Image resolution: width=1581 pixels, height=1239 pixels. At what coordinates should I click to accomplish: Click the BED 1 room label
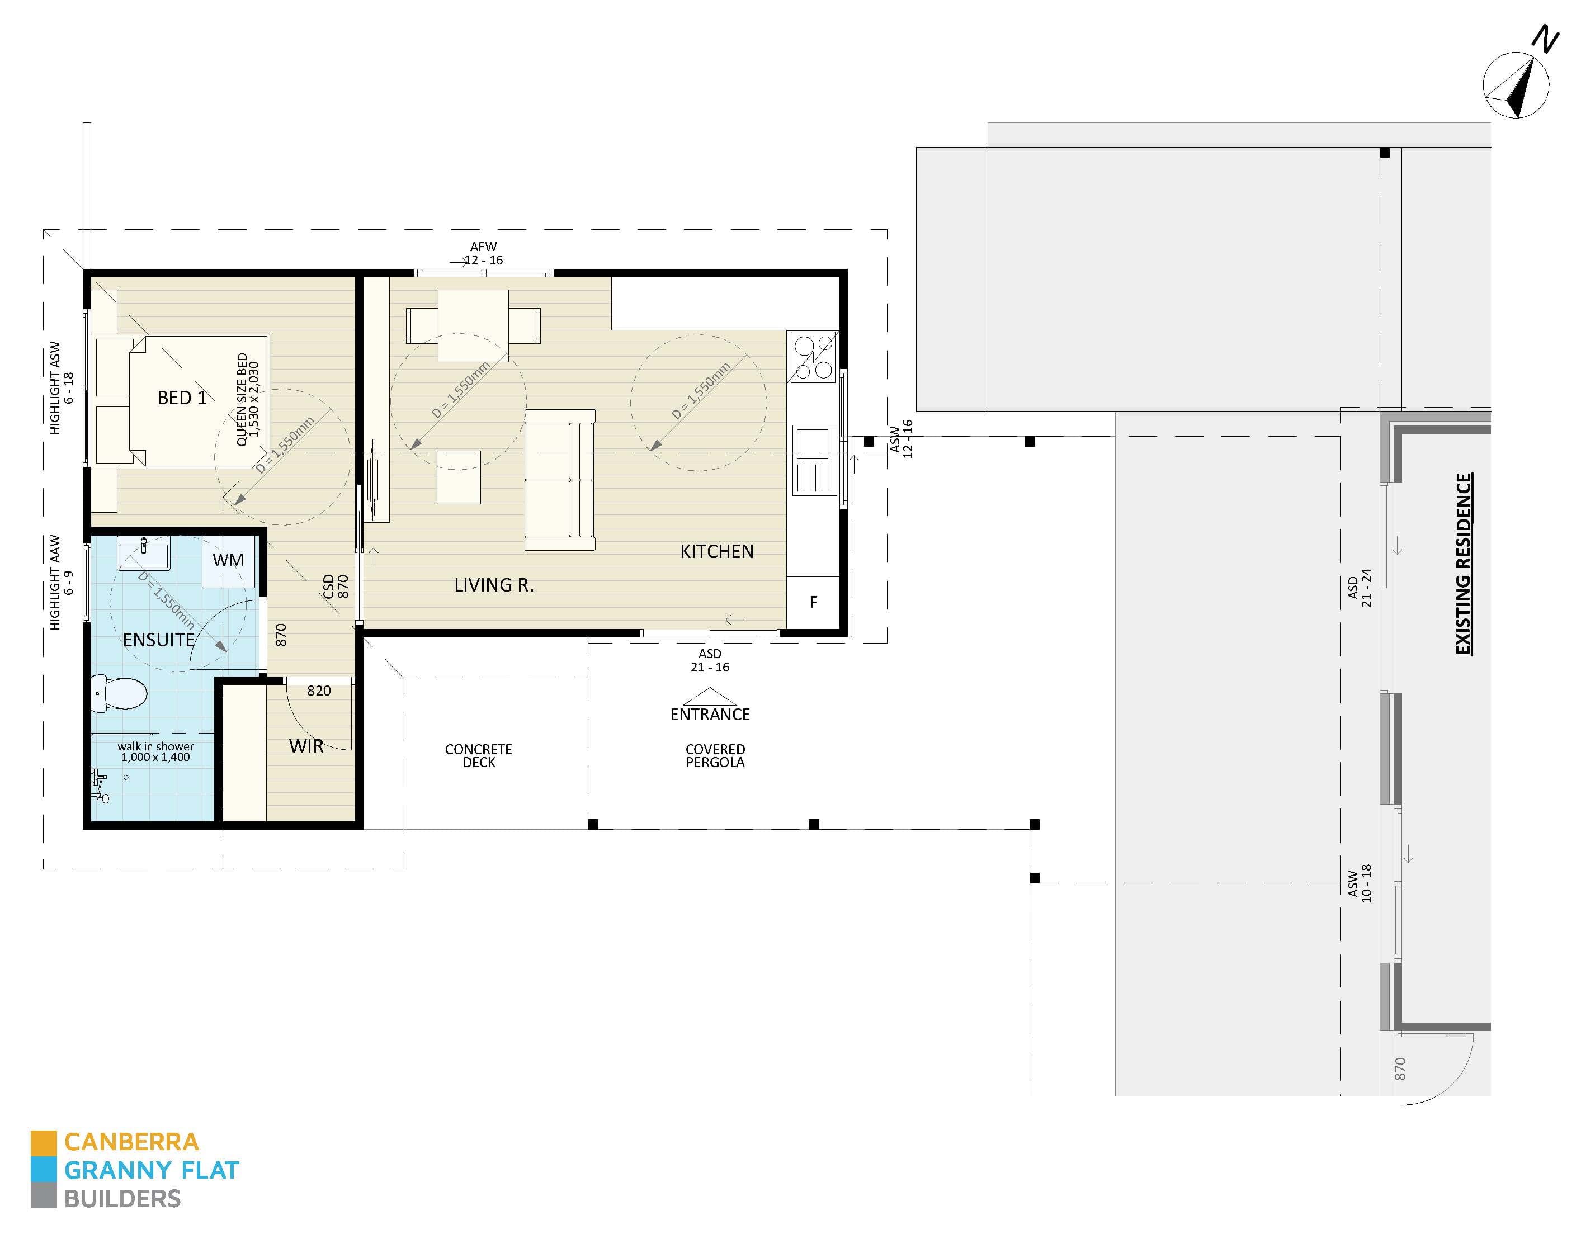tap(181, 398)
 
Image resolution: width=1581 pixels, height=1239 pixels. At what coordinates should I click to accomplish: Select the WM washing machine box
tap(228, 561)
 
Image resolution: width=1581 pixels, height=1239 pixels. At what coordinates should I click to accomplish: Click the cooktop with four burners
tap(813, 357)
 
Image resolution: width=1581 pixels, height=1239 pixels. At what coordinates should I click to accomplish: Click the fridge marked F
tap(813, 602)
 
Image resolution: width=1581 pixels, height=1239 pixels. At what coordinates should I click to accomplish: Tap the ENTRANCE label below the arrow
tap(710, 715)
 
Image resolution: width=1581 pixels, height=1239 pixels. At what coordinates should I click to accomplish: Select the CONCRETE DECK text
tap(478, 755)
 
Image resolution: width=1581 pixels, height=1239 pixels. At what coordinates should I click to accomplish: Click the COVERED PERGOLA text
tap(715, 755)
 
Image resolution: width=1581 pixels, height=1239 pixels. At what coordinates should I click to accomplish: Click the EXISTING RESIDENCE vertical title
tap(1464, 564)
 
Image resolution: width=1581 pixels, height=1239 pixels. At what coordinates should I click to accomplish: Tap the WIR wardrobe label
tap(306, 746)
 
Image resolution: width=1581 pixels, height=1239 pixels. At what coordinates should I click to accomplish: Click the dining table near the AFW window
tap(473, 325)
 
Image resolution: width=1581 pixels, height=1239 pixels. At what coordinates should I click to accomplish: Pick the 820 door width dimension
tap(319, 691)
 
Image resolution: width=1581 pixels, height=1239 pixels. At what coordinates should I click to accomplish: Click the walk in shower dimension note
tap(155, 751)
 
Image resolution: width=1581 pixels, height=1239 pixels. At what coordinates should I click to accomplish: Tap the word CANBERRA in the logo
tap(131, 1142)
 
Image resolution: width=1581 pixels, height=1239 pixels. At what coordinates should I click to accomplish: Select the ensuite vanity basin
tap(143, 556)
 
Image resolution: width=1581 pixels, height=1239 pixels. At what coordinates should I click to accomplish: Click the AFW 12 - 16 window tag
tap(483, 254)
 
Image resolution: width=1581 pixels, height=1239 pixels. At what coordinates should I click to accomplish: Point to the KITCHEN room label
tap(716, 552)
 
